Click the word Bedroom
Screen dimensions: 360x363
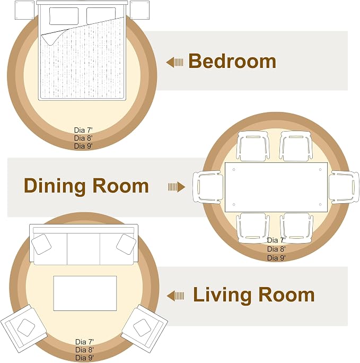232,61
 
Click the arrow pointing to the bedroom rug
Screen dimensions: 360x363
174,62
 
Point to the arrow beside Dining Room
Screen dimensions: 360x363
177,187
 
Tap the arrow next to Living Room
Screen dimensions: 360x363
175,296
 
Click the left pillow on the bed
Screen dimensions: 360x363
64,16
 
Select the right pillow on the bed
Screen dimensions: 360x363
101,16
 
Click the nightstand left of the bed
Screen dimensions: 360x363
24,10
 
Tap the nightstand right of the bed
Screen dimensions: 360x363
139,10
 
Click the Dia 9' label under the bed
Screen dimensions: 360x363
83,146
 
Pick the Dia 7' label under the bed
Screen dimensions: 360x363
83,130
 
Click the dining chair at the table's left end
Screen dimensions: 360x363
208,187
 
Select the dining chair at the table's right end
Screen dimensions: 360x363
344,187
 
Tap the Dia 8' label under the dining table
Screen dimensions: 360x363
276,249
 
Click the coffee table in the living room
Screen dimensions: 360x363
85,293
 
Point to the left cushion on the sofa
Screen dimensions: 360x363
41,244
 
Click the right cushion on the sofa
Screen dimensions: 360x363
126,244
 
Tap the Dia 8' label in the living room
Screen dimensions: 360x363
84,350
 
